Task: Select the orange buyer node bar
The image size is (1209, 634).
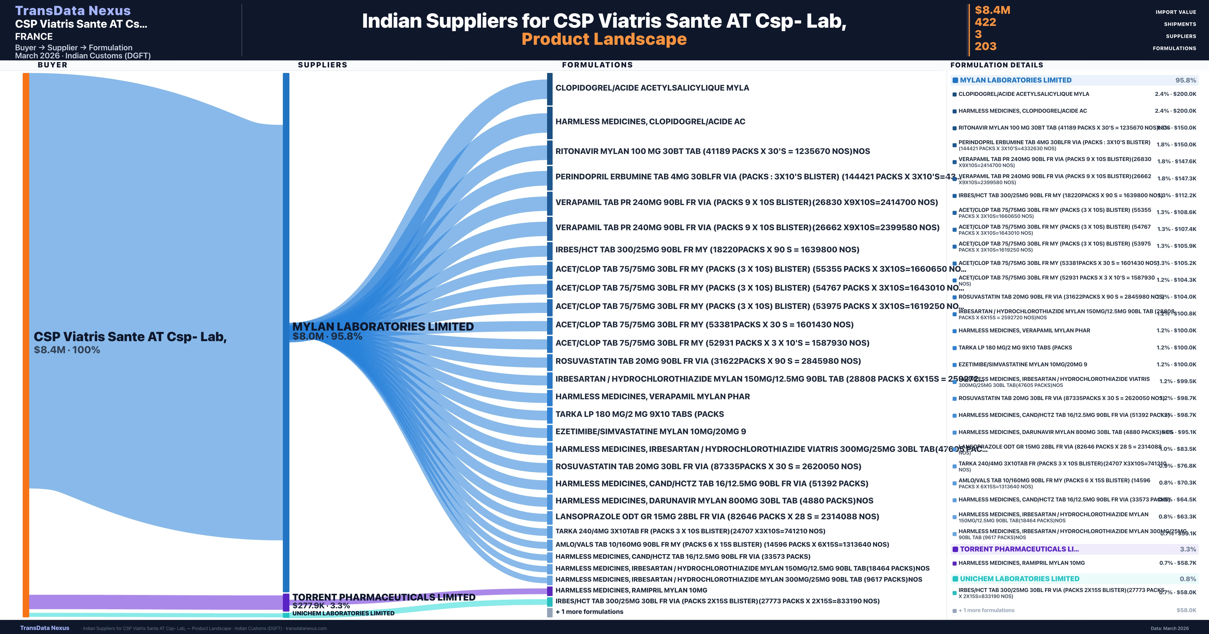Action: click(x=26, y=345)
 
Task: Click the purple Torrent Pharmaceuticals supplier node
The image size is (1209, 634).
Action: click(x=286, y=602)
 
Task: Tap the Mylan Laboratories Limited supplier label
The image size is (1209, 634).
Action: click(x=383, y=327)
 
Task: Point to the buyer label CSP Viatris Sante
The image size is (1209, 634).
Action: click(x=130, y=337)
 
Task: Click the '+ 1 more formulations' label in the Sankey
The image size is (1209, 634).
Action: click(x=589, y=612)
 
